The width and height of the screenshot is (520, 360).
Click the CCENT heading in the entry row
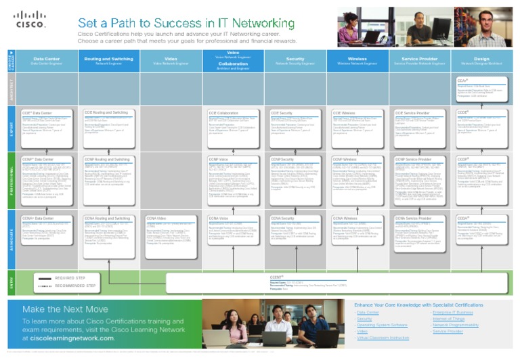(276, 277)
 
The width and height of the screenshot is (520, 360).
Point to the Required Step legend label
(70, 278)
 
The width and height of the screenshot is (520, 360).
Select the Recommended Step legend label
(75, 286)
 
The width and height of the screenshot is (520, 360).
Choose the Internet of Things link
(448, 319)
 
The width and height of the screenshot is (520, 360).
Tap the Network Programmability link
(456, 325)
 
